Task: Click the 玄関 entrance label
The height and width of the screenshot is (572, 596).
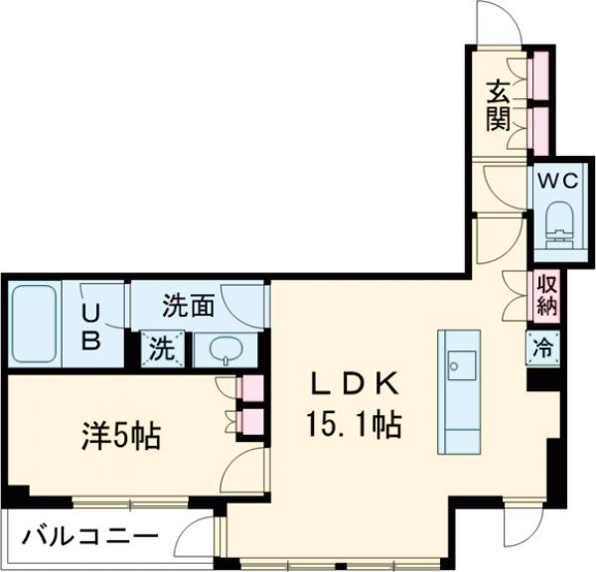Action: (x=498, y=105)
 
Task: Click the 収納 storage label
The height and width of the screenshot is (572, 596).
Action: (x=545, y=294)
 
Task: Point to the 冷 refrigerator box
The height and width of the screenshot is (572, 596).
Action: (x=543, y=348)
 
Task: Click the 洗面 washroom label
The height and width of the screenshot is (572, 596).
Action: (x=189, y=305)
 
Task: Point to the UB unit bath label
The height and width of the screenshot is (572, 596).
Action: (x=91, y=326)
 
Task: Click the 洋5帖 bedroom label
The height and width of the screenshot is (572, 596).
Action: (x=122, y=436)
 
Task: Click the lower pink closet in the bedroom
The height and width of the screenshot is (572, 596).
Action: (x=252, y=422)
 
